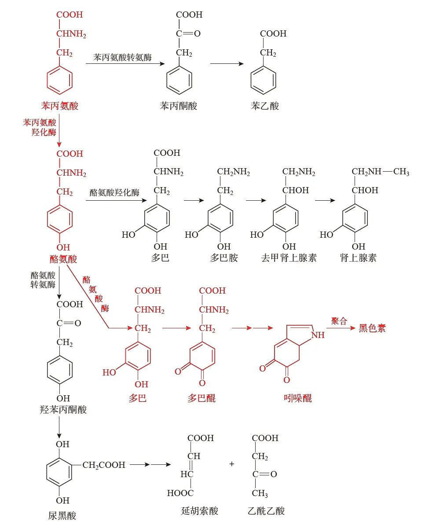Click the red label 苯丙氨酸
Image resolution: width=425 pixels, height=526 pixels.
(59, 106)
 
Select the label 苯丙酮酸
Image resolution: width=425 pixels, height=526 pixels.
(179, 106)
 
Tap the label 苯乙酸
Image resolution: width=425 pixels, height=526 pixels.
(264, 106)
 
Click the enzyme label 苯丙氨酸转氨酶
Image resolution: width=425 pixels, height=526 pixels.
(122, 58)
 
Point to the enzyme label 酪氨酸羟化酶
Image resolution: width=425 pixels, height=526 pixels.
(114, 192)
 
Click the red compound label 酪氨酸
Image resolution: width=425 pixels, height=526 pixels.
(63, 259)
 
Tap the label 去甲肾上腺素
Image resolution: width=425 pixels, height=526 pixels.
(289, 258)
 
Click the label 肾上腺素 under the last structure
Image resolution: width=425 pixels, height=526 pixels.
(358, 258)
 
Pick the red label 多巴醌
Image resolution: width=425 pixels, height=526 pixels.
(202, 398)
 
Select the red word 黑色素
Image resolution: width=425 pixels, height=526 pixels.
(372, 328)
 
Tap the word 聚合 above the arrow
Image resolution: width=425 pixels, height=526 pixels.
(339, 321)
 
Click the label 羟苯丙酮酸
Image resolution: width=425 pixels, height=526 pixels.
(63, 410)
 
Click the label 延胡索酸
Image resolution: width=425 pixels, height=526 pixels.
(200, 511)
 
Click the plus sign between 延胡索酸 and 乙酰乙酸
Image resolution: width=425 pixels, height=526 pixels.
(232, 464)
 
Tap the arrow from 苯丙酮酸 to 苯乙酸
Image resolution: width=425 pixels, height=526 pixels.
(227, 64)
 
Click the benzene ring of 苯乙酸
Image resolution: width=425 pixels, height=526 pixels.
(263, 81)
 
